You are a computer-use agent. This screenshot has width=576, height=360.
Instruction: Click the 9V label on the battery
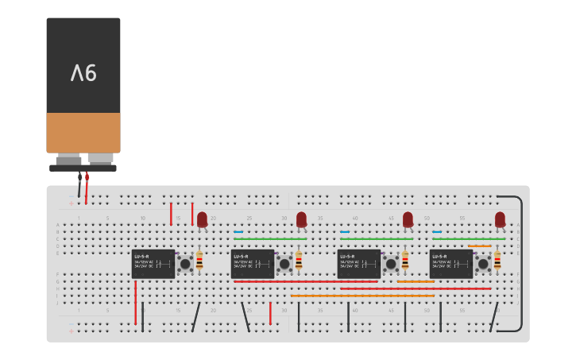tap(83, 73)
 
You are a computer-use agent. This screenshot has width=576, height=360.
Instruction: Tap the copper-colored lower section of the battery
tap(83, 132)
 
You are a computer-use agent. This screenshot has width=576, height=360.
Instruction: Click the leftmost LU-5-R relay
tap(153, 264)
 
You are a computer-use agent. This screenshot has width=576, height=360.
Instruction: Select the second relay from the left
tap(253, 264)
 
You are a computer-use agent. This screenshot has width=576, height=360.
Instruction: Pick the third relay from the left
tap(359, 264)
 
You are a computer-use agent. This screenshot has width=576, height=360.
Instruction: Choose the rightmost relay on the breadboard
tap(451, 264)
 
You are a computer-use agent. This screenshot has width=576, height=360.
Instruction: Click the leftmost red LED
tap(202, 219)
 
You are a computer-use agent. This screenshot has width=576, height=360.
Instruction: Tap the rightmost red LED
tap(500, 219)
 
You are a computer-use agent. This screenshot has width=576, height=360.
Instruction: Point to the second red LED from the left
tap(301, 219)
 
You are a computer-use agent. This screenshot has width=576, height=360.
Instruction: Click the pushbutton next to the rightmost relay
tap(483, 264)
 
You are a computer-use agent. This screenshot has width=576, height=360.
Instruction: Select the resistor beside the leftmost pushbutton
tap(199, 261)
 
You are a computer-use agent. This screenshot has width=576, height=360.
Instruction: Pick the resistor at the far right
tap(497, 261)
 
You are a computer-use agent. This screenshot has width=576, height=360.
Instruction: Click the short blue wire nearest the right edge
tap(437, 232)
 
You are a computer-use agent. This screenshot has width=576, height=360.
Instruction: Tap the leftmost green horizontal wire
tap(270, 238)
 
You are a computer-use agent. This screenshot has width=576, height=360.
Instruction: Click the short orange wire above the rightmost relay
tap(479, 246)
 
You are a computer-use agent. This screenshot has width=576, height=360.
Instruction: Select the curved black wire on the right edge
tap(520, 262)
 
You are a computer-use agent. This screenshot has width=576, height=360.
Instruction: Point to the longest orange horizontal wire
tap(362, 296)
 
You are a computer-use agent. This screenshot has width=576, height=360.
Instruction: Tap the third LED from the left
tap(408, 219)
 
